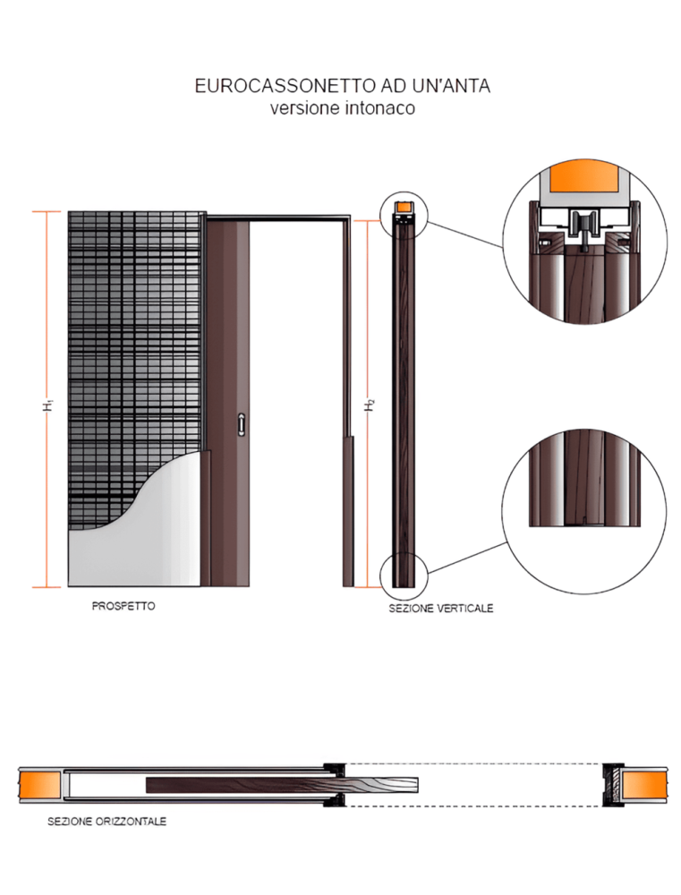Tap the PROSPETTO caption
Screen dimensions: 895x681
tap(123, 606)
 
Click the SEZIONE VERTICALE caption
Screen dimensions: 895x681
tap(440, 609)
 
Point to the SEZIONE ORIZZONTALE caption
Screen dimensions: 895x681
tap(106, 821)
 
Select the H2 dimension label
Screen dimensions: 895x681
tap(369, 405)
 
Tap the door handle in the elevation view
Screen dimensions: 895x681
tap(241, 425)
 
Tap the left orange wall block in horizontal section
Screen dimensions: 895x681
tap(39, 784)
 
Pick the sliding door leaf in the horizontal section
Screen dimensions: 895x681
tap(268, 785)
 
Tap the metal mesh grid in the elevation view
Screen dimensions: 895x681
tap(134, 340)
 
